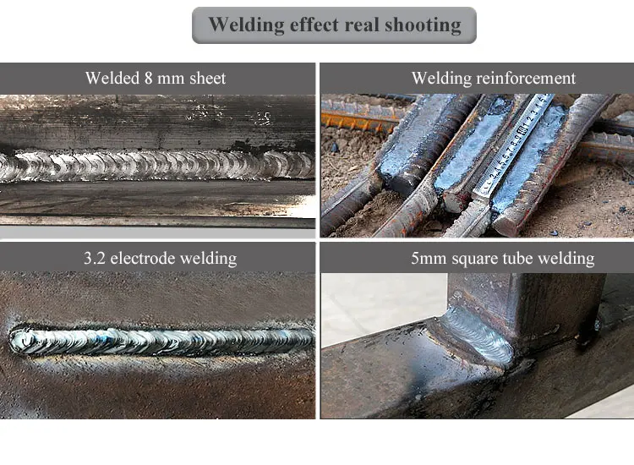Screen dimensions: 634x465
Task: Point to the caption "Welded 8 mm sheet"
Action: tap(156, 79)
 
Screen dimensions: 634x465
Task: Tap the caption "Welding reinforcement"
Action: tap(494, 79)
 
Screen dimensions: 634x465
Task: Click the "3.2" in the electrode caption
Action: tap(94, 258)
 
